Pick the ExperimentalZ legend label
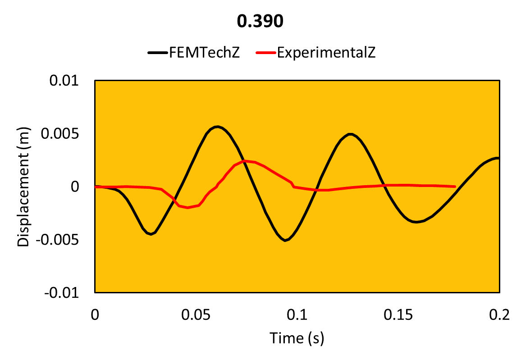[x=327, y=53]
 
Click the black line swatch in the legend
[x=157, y=53]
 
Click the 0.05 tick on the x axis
[x=196, y=314]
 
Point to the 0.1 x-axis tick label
[x=297, y=314]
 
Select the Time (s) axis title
[x=297, y=337]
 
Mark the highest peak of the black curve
[x=218, y=127]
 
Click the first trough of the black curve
[x=151, y=234]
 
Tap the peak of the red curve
[x=244, y=160]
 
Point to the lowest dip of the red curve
[x=187, y=208]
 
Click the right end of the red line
[x=455, y=187]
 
